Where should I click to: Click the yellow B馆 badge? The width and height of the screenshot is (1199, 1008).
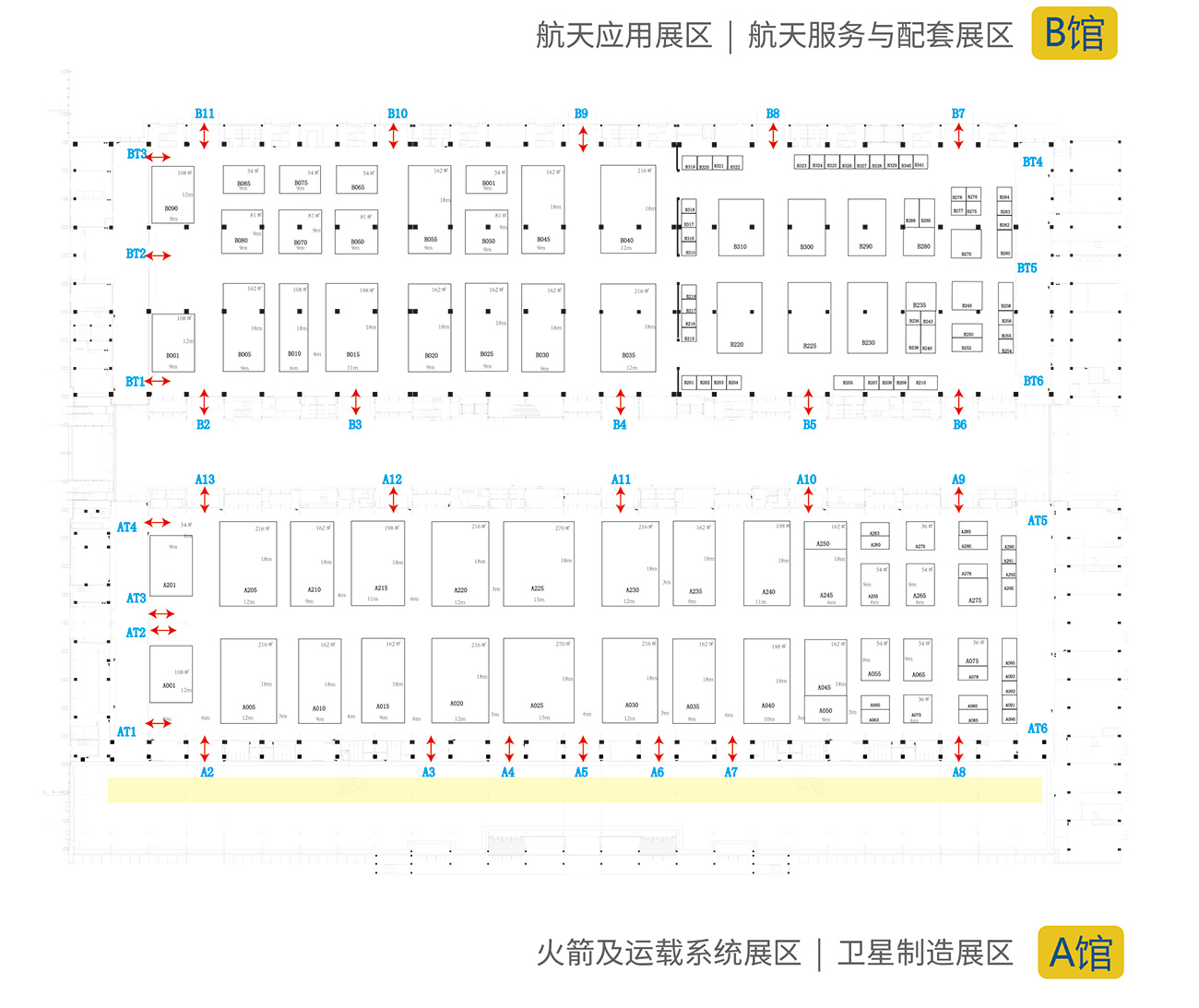[x=1074, y=33]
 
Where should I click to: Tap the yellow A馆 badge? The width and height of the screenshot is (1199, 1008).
[x=1081, y=952]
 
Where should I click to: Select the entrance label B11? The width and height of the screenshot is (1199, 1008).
[x=205, y=113]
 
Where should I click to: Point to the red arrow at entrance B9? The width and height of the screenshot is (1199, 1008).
[x=583, y=139]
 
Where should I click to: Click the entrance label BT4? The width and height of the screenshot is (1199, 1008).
[x=1032, y=161]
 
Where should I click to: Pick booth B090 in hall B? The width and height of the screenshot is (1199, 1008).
[x=172, y=195]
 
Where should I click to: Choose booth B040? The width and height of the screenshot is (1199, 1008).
[x=628, y=209]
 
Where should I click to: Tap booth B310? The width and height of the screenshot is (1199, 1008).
[x=741, y=227]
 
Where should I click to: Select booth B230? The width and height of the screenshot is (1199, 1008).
[x=867, y=318]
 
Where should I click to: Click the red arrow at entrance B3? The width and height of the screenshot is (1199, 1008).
[x=355, y=401]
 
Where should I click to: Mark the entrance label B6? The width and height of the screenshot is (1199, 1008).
[x=960, y=425]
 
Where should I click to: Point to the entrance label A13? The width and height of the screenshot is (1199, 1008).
[x=205, y=480]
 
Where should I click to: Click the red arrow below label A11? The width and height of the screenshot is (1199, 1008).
[x=621, y=500]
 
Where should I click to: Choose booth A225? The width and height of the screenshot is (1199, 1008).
[x=539, y=563]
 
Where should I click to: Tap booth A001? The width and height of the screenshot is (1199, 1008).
[x=172, y=674]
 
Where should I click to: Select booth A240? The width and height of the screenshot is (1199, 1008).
[x=767, y=563]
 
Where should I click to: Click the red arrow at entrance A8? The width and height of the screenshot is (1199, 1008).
[x=959, y=748]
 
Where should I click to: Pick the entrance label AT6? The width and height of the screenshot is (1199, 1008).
[x=1038, y=729]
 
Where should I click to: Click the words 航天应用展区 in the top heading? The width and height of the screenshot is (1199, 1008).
[x=624, y=36]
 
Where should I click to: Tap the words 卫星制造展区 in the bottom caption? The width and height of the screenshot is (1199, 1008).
[x=925, y=954]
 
